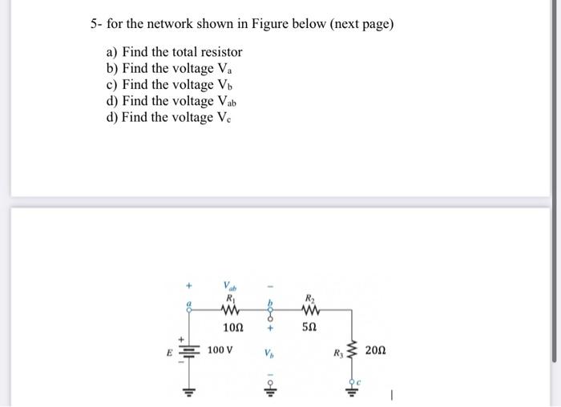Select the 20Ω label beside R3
pyautogui.click(x=375, y=351)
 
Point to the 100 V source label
pyautogui.click(x=220, y=351)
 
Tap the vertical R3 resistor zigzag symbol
pyautogui.click(x=350, y=351)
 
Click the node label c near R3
pyautogui.click(x=358, y=381)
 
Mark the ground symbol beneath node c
pyautogui.click(x=350, y=393)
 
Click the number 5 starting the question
pyautogui.click(x=94, y=24)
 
